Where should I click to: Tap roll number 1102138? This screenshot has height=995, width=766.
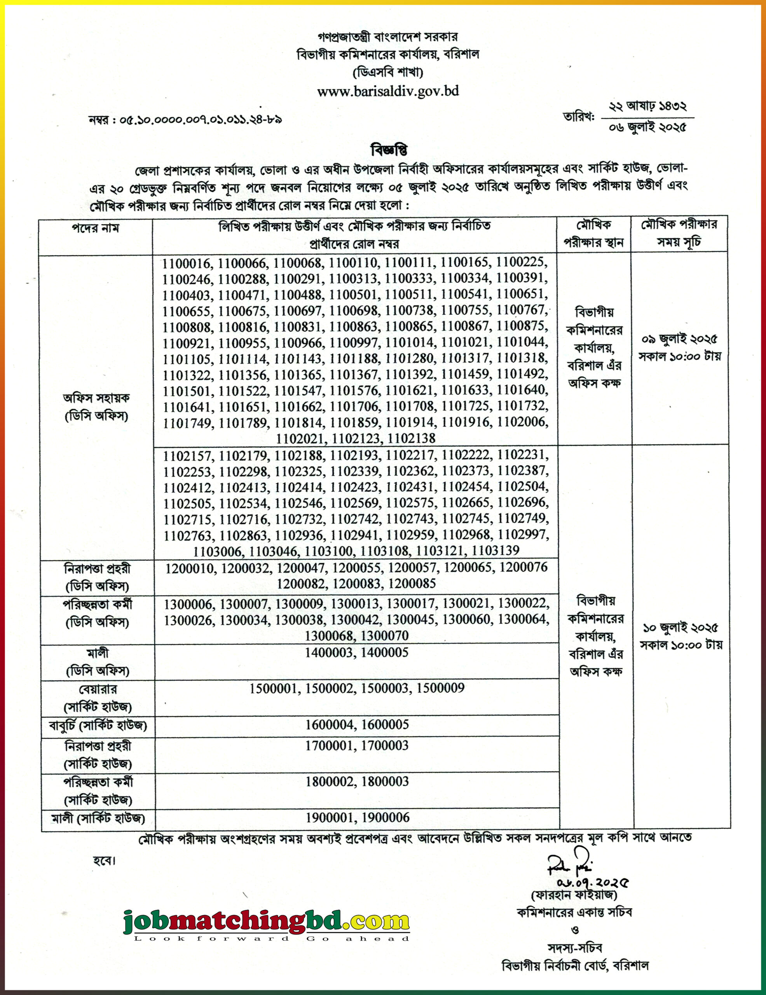(x=412, y=438)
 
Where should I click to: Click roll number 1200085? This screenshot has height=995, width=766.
(x=412, y=584)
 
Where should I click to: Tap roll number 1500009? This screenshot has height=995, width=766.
(x=440, y=688)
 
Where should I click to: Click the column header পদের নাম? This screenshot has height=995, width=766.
(x=96, y=228)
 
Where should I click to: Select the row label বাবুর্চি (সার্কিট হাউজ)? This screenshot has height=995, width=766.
(x=98, y=724)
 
